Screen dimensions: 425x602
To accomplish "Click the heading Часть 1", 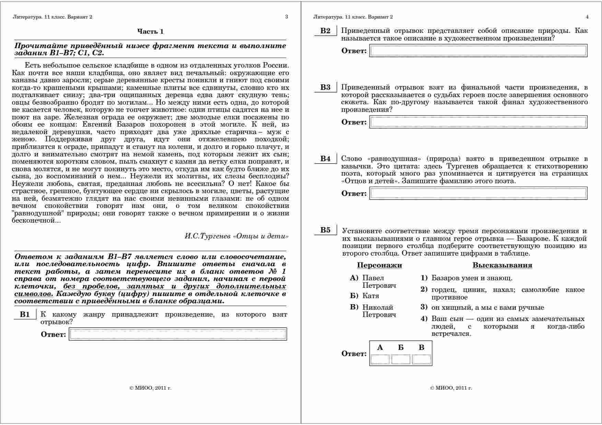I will [x=150, y=32].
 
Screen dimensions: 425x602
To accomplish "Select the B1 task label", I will [x=25, y=315].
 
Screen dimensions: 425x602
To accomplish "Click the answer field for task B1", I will [x=178, y=334].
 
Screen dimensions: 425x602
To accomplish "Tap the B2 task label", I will [x=325, y=31].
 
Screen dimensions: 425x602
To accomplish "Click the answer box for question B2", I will [x=478, y=51].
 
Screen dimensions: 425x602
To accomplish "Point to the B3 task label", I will [x=325, y=87].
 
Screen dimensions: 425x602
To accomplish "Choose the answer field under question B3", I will [x=478, y=122].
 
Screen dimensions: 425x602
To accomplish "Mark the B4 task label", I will [x=325, y=158].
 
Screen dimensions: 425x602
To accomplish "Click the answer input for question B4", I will [x=478, y=193].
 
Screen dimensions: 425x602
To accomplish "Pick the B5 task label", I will [x=325, y=230].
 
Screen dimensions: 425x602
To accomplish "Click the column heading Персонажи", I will [x=379, y=265].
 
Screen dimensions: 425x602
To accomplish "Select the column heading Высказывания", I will [x=502, y=265].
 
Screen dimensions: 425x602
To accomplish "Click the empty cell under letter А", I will [x=380, y=359].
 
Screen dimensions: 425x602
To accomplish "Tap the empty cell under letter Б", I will [x=401, y=359].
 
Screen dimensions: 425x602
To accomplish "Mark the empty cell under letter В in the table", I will [x=421, y=359].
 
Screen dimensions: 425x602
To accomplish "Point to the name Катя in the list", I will [x=371, y=296].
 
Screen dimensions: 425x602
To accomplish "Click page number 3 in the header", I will [x=287, y=17].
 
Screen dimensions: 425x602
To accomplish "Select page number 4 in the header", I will [x=587, y=17].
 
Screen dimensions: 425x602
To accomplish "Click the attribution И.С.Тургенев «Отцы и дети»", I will [x=236, y=236].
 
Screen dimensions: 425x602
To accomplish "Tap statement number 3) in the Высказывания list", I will [x=424, y=307].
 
